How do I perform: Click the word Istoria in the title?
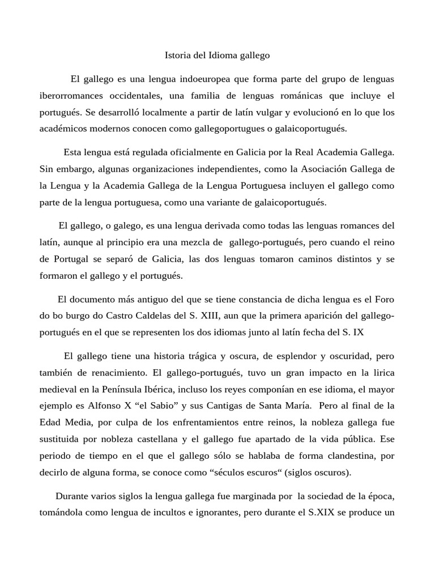pyautogui.click(x=177, y=56)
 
